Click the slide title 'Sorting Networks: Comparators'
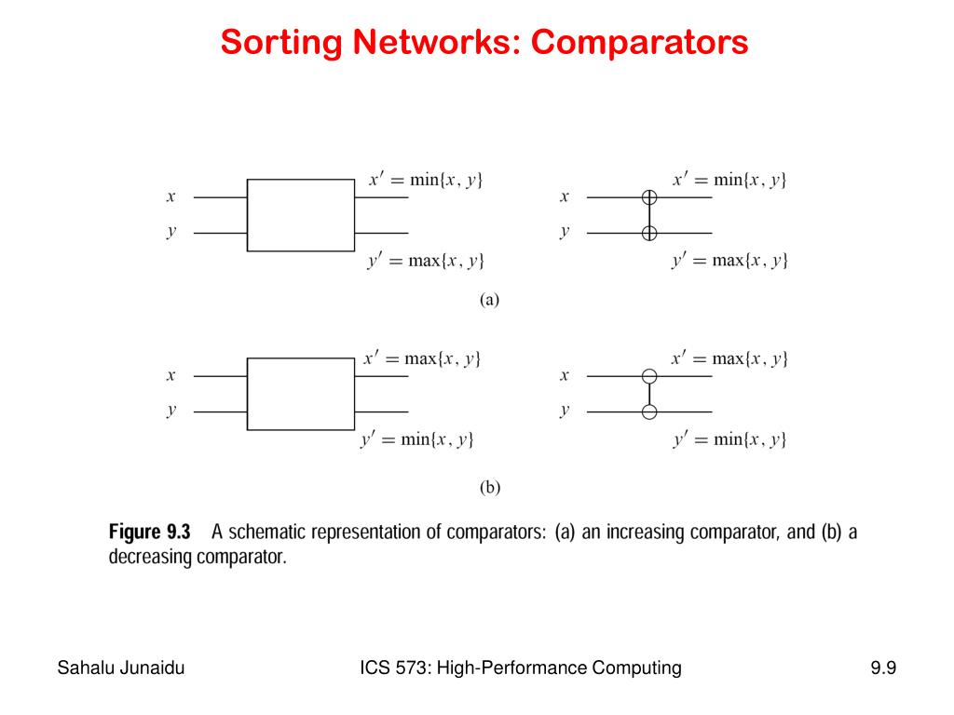tap(484, 42)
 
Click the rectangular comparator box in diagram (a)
tap(300, 215)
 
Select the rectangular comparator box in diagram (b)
tap(300, 394)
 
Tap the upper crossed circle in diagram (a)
tap(649, 197)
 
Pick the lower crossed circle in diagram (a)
tap(649, 233)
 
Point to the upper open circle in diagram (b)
tap(649, 376)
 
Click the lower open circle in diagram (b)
tap(649, 411)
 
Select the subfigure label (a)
tap(490, 300)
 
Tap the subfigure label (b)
tap(490, 486)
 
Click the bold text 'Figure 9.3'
tap(150, 533)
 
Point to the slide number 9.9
tap(883, 668)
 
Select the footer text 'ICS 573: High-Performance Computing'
tap(521, 668)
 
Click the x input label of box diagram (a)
tap(171, 197)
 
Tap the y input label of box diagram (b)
tap(171, 411)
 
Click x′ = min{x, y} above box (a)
tap(426, 180)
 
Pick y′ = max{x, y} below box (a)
tap(426, 261)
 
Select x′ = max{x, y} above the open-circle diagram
tap(729, 358)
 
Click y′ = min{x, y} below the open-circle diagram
tap(729, 439)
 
